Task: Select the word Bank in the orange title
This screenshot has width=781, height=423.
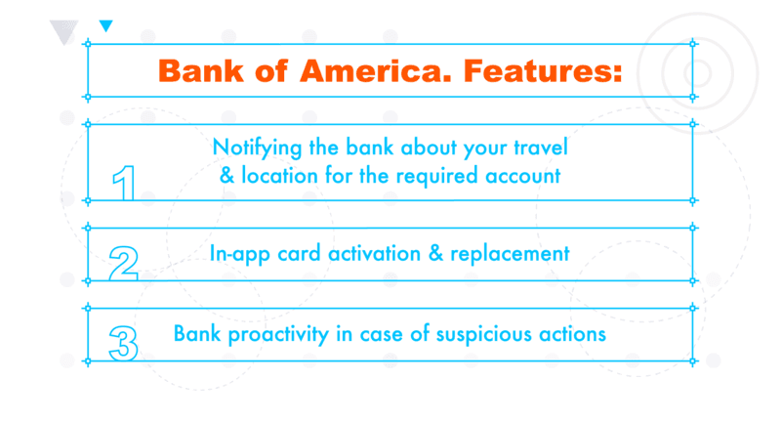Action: coord(201,70)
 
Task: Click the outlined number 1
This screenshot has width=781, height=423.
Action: coord(125,183)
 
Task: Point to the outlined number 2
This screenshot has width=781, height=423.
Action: coord(124,263)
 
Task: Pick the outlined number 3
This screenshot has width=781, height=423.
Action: coord(124,343)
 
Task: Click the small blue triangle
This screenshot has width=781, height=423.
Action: coord(106,26)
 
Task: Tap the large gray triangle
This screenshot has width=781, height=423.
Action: coord(64,32)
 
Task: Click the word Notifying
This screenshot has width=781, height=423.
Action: coord(257,148)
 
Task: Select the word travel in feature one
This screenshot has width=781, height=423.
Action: coord(541,147)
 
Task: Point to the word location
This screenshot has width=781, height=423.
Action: coord(280,176)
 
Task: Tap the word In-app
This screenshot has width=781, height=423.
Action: coord(240,254)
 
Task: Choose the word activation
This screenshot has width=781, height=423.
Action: coord(375,254)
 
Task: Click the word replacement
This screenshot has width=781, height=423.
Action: coord(510,254)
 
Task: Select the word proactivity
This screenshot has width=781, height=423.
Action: coord(278,334)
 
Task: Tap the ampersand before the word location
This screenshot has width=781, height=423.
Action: coord(226,176)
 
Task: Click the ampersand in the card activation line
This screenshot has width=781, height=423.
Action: coord(435,253)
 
